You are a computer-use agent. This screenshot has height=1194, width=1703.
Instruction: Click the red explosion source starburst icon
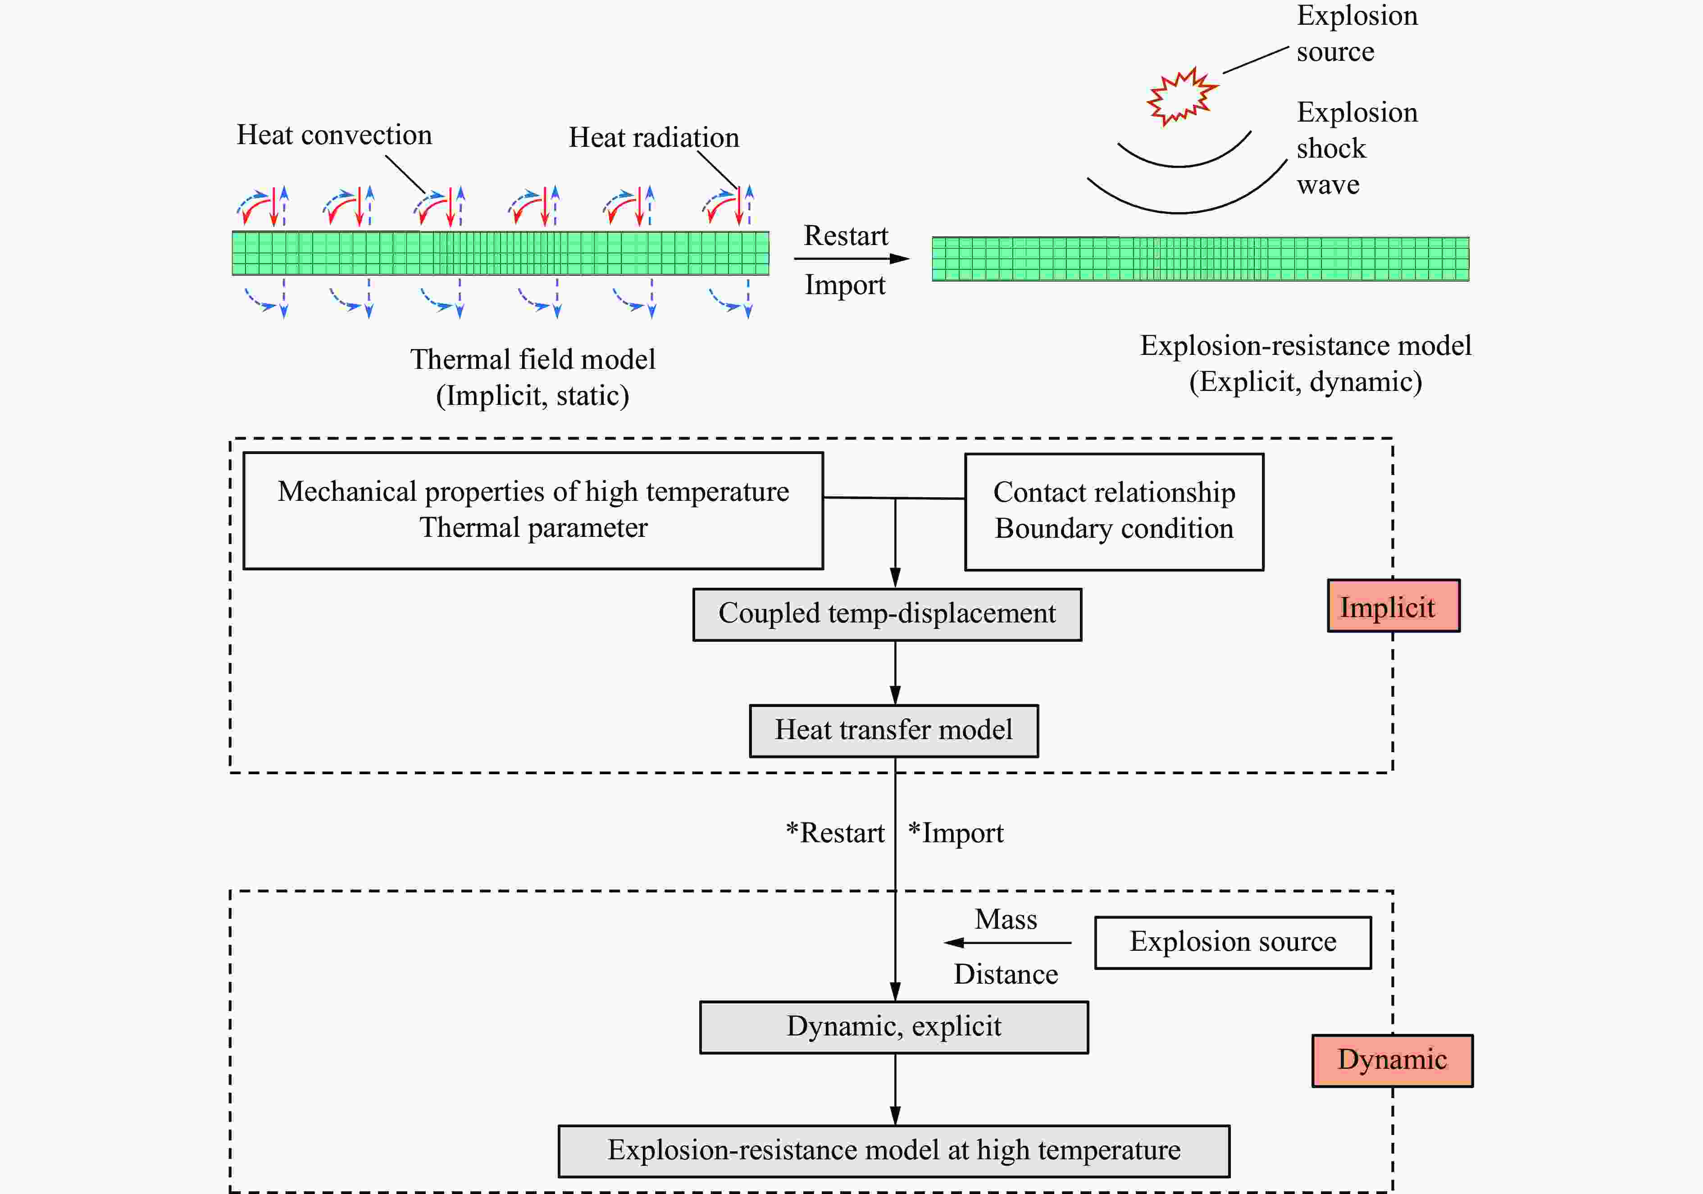pyautogui.click(x=1182, y=96)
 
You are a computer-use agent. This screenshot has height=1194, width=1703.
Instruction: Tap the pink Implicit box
pyautogui.click(x=1393, y=606)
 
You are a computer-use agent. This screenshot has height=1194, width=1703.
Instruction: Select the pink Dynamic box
pyautogui.click(x=1392, y=1061)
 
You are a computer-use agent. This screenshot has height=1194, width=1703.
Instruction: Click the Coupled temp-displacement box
pyautogui.click(x=887, y=614)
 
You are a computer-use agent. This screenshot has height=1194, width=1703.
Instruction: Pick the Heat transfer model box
pyautogui.click(x=894, y=731)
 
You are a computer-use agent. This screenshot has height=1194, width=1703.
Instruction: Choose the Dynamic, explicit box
pyautogui.click(x=894, y=1027)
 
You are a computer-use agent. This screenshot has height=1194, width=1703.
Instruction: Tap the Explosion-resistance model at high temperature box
pyautogui.click(x=894, y=1151)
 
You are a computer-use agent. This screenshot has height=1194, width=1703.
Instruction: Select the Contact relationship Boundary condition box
pyautogui.click(x=1114, y=512)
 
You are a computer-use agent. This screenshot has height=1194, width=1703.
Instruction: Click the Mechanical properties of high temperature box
pyautogui.click(x=533, y=510)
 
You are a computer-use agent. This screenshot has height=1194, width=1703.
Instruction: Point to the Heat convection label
pyautogui.click(x=334, y=135)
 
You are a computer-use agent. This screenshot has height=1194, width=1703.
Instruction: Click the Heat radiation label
pyautogui.click(x=653, y=138)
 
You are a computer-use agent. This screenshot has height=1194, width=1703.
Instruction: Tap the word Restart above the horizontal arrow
pyautogui.click(x=846, y=236)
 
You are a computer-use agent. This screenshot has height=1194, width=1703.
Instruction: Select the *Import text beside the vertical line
pyautogui.click(x=955, y=833)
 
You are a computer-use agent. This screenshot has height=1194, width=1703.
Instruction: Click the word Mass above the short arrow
pyautogui.click(x=1006, y=920)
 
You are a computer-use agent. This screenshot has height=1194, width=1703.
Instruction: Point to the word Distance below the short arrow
pyautogui.click(x=1006, y=974)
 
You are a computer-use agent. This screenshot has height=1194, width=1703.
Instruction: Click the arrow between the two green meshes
pyautogui.click(x=851, y=259)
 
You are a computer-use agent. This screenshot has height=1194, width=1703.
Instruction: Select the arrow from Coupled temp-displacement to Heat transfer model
pyautogui.click(x=895, y=672)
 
